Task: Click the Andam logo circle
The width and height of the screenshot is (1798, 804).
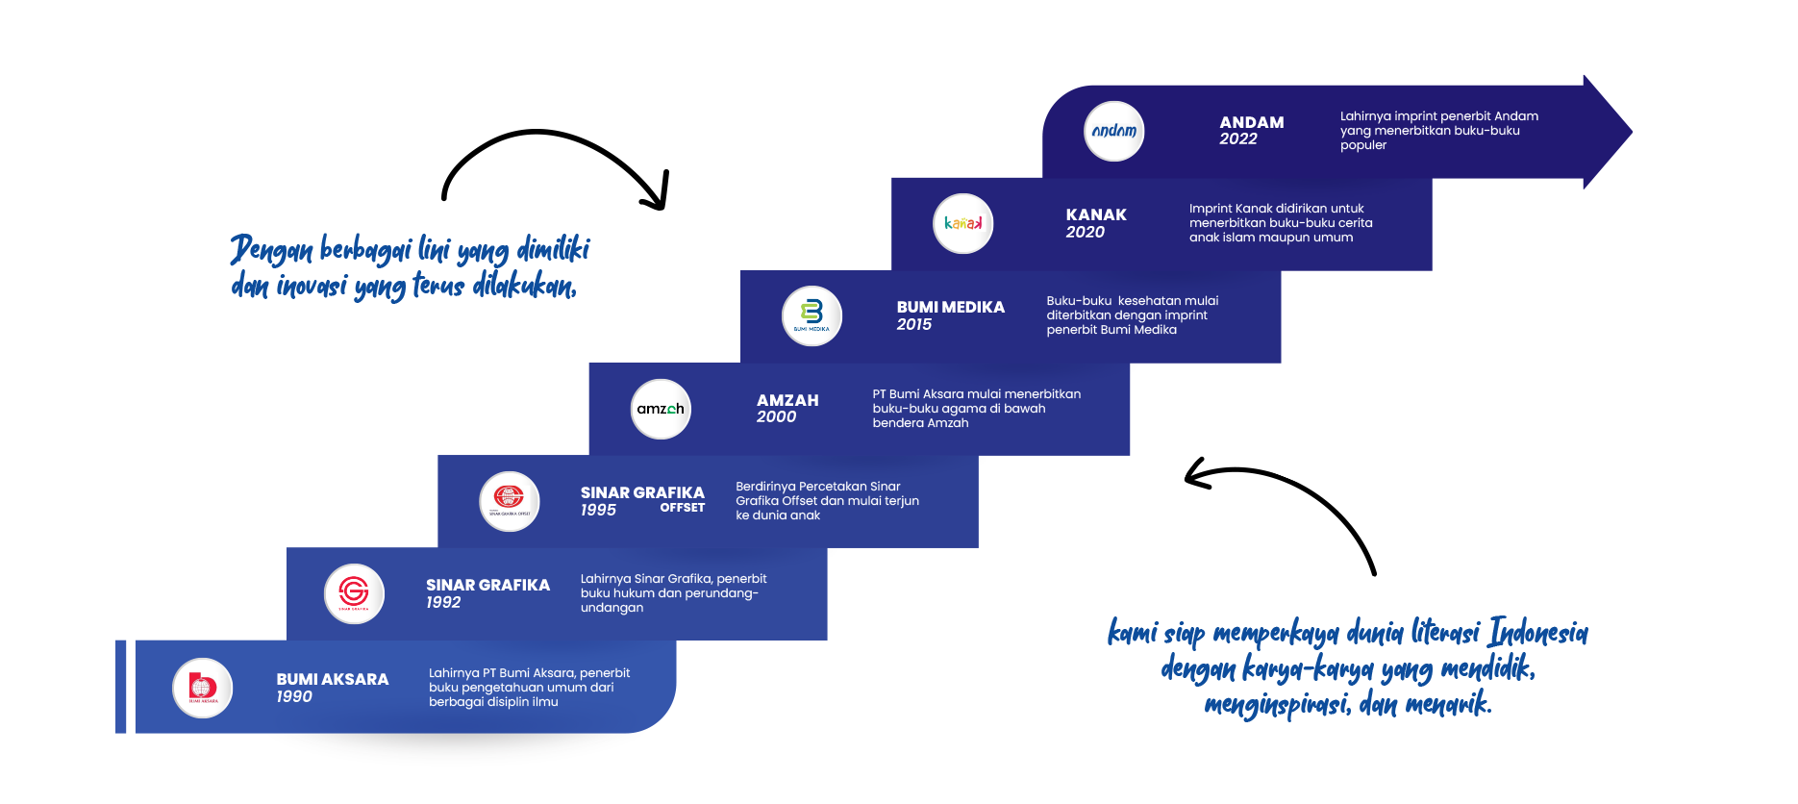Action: click(x=1114, y=131)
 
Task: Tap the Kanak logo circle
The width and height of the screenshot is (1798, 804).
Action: click(x=962, y=224)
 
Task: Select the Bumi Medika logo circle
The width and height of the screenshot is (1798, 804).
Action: click(x=812, y=315)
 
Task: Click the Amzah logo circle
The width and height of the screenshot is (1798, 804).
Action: click(x=661, y=409)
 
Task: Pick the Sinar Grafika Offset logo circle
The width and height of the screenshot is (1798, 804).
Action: click(x=509, y=501)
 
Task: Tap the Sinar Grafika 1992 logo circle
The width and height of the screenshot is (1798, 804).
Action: click(x=354, y=593)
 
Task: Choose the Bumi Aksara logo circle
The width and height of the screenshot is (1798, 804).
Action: click(x=203, y=688)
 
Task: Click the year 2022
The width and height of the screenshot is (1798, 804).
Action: click(x=1238, y=139)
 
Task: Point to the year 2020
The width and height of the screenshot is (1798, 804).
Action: click(x=1086, y=233)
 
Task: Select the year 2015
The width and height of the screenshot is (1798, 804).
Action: click(x=914, y=325)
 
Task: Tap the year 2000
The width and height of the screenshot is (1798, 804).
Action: click(x=776, y=417)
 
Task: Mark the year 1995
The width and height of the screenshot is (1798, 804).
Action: click(x=598, y=511)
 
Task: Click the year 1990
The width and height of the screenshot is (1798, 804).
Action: click(x=294, y=697)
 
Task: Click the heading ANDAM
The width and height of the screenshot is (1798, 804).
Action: click(x=1252, y=122)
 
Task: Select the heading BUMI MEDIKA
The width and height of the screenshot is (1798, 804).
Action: click(x=950, y=307)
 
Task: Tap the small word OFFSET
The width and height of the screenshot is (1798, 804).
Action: click(x=682, y=508)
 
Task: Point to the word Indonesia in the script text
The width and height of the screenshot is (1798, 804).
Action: click(x=1538, y=633)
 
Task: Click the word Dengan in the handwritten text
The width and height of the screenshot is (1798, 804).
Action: click(x=271, y=250)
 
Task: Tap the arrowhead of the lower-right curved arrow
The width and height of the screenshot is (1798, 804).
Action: click(x=1197, y=473)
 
